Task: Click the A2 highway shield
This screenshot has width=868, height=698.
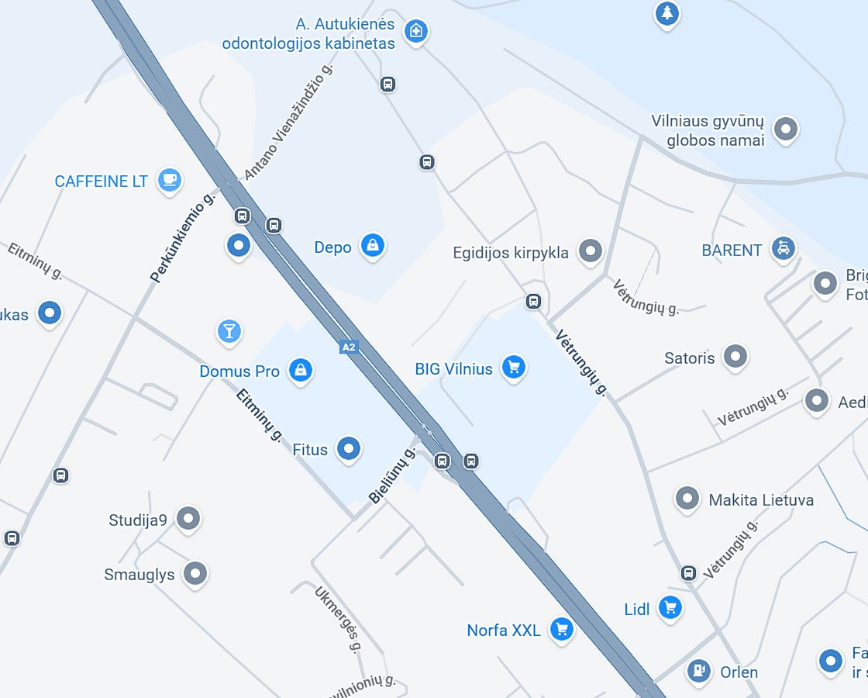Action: point(349,347)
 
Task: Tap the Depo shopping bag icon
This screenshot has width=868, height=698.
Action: point(373,246)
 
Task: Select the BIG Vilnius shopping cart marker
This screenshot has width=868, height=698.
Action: point(513,368)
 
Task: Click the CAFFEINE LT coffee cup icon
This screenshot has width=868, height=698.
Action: point(169,180)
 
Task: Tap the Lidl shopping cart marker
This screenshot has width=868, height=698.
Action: point(670,608)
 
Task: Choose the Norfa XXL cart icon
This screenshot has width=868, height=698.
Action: point(561,629)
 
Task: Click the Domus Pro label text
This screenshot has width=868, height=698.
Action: point(239,371)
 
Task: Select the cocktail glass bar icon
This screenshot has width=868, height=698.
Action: point(229,331)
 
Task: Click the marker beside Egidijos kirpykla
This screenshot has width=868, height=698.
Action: point(591,251)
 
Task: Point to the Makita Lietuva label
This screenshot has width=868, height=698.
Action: point(761,500)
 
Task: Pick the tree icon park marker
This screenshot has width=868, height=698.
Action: point(667,13)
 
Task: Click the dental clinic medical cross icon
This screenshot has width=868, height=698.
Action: point(416,31)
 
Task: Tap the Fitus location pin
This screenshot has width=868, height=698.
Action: point(349,448)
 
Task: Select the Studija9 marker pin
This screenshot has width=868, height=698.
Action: point(188,519)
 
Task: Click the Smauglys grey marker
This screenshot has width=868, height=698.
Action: point(195,574)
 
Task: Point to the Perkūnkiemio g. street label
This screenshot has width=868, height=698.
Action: point(182,237)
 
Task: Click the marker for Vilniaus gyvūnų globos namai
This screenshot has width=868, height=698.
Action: point(786,129)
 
